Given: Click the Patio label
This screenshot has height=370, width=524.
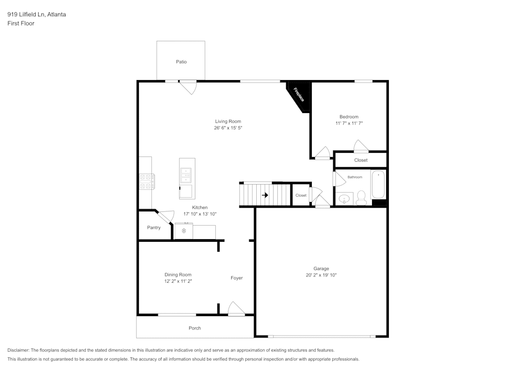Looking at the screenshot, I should [x=181, y=62].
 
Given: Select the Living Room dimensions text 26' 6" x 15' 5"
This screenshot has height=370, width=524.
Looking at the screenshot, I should [x=227, y=128].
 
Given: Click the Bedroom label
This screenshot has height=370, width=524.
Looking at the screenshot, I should [x=349, y=117].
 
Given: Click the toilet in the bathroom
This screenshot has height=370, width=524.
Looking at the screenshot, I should [x=361, y=198].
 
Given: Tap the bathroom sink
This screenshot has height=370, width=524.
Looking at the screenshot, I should [x=344, y=199].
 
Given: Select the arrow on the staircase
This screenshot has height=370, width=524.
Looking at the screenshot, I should [x=265, y=195].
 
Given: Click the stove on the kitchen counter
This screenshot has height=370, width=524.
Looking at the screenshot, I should [x=146, y=182].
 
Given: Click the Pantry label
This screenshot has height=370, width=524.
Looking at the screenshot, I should [x=154, y=228].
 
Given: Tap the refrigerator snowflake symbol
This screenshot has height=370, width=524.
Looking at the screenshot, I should [x=184, y=231].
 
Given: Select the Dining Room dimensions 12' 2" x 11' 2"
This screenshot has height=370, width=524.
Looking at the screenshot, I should [x=178, y=282].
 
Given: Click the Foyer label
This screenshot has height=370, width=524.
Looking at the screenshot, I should [x=237, y=278].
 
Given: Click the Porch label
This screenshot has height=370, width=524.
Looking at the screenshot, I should [x=194, y=328].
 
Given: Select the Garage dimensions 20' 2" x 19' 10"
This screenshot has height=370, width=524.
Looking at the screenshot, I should [x=321, y=275].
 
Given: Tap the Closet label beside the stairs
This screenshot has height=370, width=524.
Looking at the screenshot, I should [x=301, y=195].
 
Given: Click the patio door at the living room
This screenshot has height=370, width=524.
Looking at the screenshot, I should [x=188, y=86].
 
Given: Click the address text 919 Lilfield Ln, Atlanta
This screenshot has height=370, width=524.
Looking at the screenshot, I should [x=37, y=15].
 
